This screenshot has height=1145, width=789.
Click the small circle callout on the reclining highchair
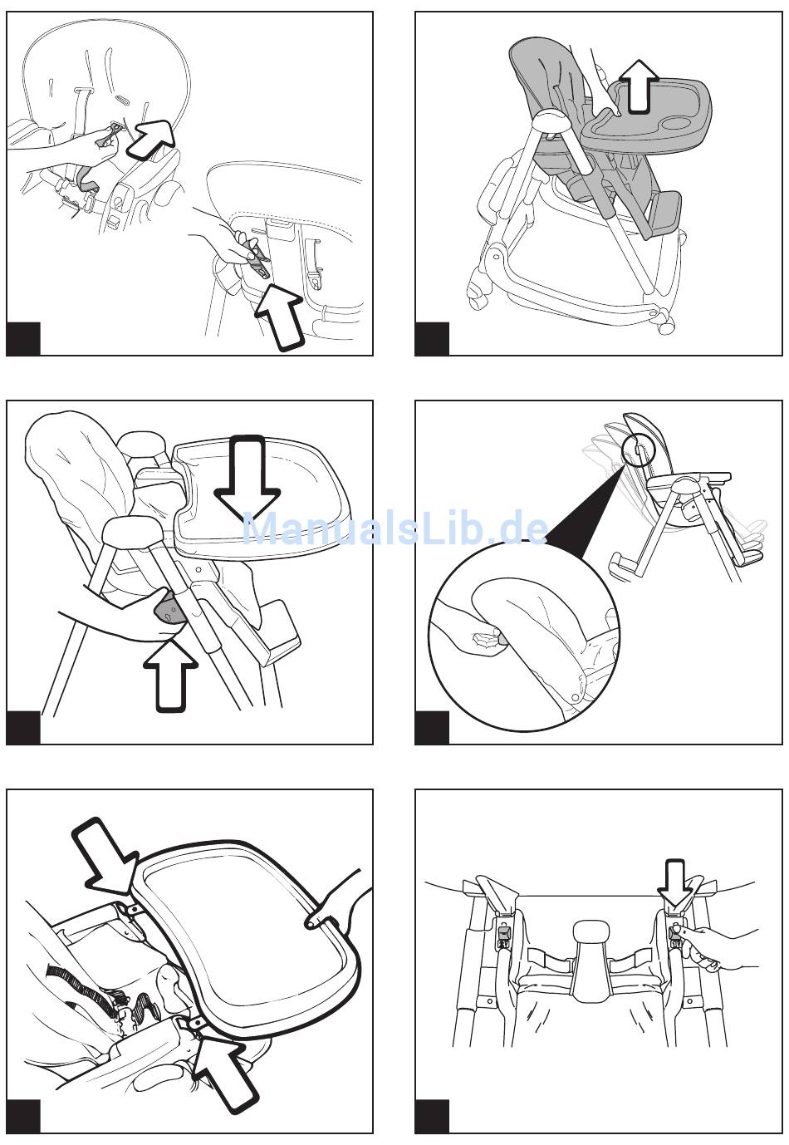coord(638,450)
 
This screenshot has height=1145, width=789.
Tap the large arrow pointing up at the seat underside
coord(280,315)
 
